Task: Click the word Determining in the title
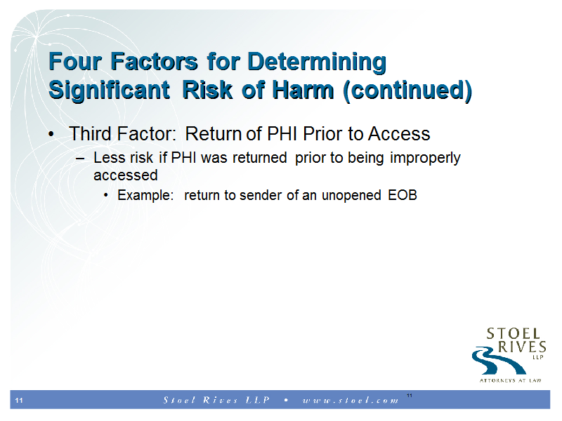pyautogui.click(x=317, y=62)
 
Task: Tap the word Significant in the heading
pyautogui.click(x=109, y=90)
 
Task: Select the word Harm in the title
pyautogui.click(x=303, y=90)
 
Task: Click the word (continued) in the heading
pyautogui.click(x=407, y=91)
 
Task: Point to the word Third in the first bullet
pyautogui.click(x=91, y=134)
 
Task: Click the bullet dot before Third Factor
pyautogui.click(x=51, y=135)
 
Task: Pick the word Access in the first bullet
pyautogui.click(x=399, y=134)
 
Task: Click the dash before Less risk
pyautogui.click(x=80, y=158)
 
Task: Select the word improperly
pyautogui.click(x=425, y=158)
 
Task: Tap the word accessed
pyautogui.click(x=126, y=175)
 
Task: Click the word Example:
pyautogui.click(x=145, y=196)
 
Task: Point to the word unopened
pyautogui.click(x=351, y=196)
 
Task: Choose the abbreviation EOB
pyautogui.click(x=403, y=195)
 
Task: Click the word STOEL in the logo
pyautogui.click(x=514, y=334)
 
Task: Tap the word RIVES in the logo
pyautogui.click(x=522, y=347)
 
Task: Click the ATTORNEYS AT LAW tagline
pyautogui.click(x=511, y=380)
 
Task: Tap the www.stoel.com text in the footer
pyautogui.click(x=351, y=400)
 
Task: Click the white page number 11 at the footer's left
pyautogui.click(x=19, y=400)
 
